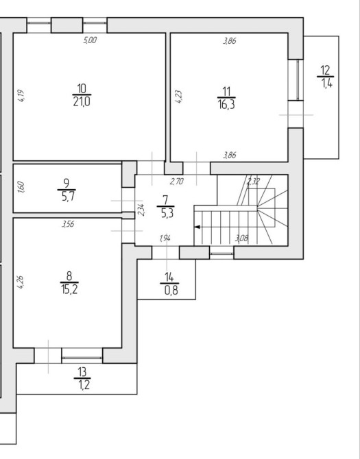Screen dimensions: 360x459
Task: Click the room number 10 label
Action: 82,88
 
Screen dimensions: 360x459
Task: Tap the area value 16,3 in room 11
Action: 226,105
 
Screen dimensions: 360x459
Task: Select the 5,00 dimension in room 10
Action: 90,40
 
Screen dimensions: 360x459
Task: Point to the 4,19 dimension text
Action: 22,95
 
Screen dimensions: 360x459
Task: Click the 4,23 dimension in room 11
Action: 179,97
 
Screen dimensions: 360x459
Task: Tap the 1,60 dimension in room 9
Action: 21,187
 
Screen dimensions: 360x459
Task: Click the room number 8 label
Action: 69,276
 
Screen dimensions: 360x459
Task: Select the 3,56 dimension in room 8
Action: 68,224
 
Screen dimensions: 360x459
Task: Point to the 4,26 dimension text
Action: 21,282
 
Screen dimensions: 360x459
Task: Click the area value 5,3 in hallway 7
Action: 167,213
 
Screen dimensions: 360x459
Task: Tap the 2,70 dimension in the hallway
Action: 177,182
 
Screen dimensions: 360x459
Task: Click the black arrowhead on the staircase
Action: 197,227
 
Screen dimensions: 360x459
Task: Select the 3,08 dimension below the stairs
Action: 241,238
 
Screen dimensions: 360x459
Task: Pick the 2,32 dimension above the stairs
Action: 253,182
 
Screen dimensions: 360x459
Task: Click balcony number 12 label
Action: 326,71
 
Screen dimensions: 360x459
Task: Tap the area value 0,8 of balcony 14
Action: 171,290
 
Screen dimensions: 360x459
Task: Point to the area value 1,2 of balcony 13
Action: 83,385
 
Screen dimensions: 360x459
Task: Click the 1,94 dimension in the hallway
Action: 165,238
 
